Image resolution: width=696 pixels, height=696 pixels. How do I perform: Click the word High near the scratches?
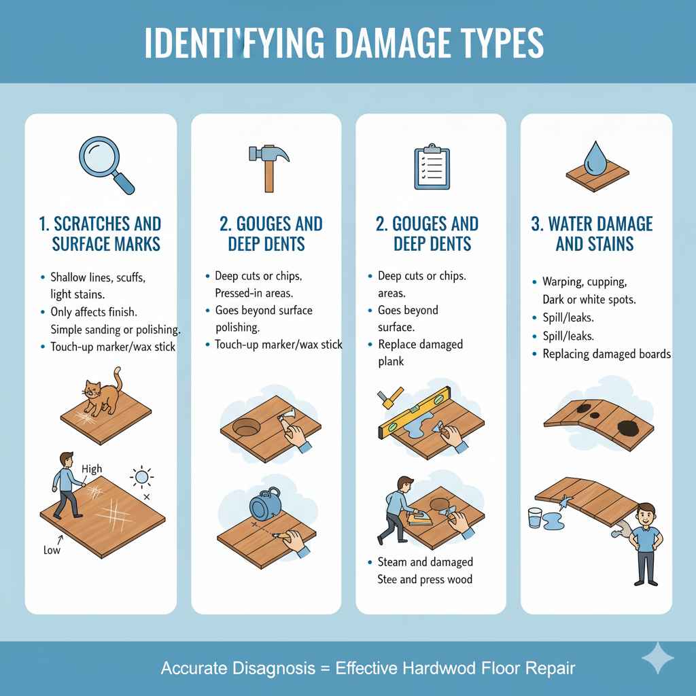91,469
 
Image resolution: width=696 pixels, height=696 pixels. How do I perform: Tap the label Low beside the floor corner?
52,549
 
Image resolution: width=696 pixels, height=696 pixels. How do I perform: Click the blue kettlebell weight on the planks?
265,506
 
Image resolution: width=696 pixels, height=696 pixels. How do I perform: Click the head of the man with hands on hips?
647,514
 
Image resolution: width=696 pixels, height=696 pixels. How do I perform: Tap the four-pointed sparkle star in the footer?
658,658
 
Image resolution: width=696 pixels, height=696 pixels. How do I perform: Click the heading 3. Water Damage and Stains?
591,233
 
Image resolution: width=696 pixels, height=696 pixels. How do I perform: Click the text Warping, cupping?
585,281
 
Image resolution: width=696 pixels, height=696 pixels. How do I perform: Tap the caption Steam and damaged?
425,562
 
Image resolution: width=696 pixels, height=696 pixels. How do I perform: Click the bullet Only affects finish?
94,312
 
